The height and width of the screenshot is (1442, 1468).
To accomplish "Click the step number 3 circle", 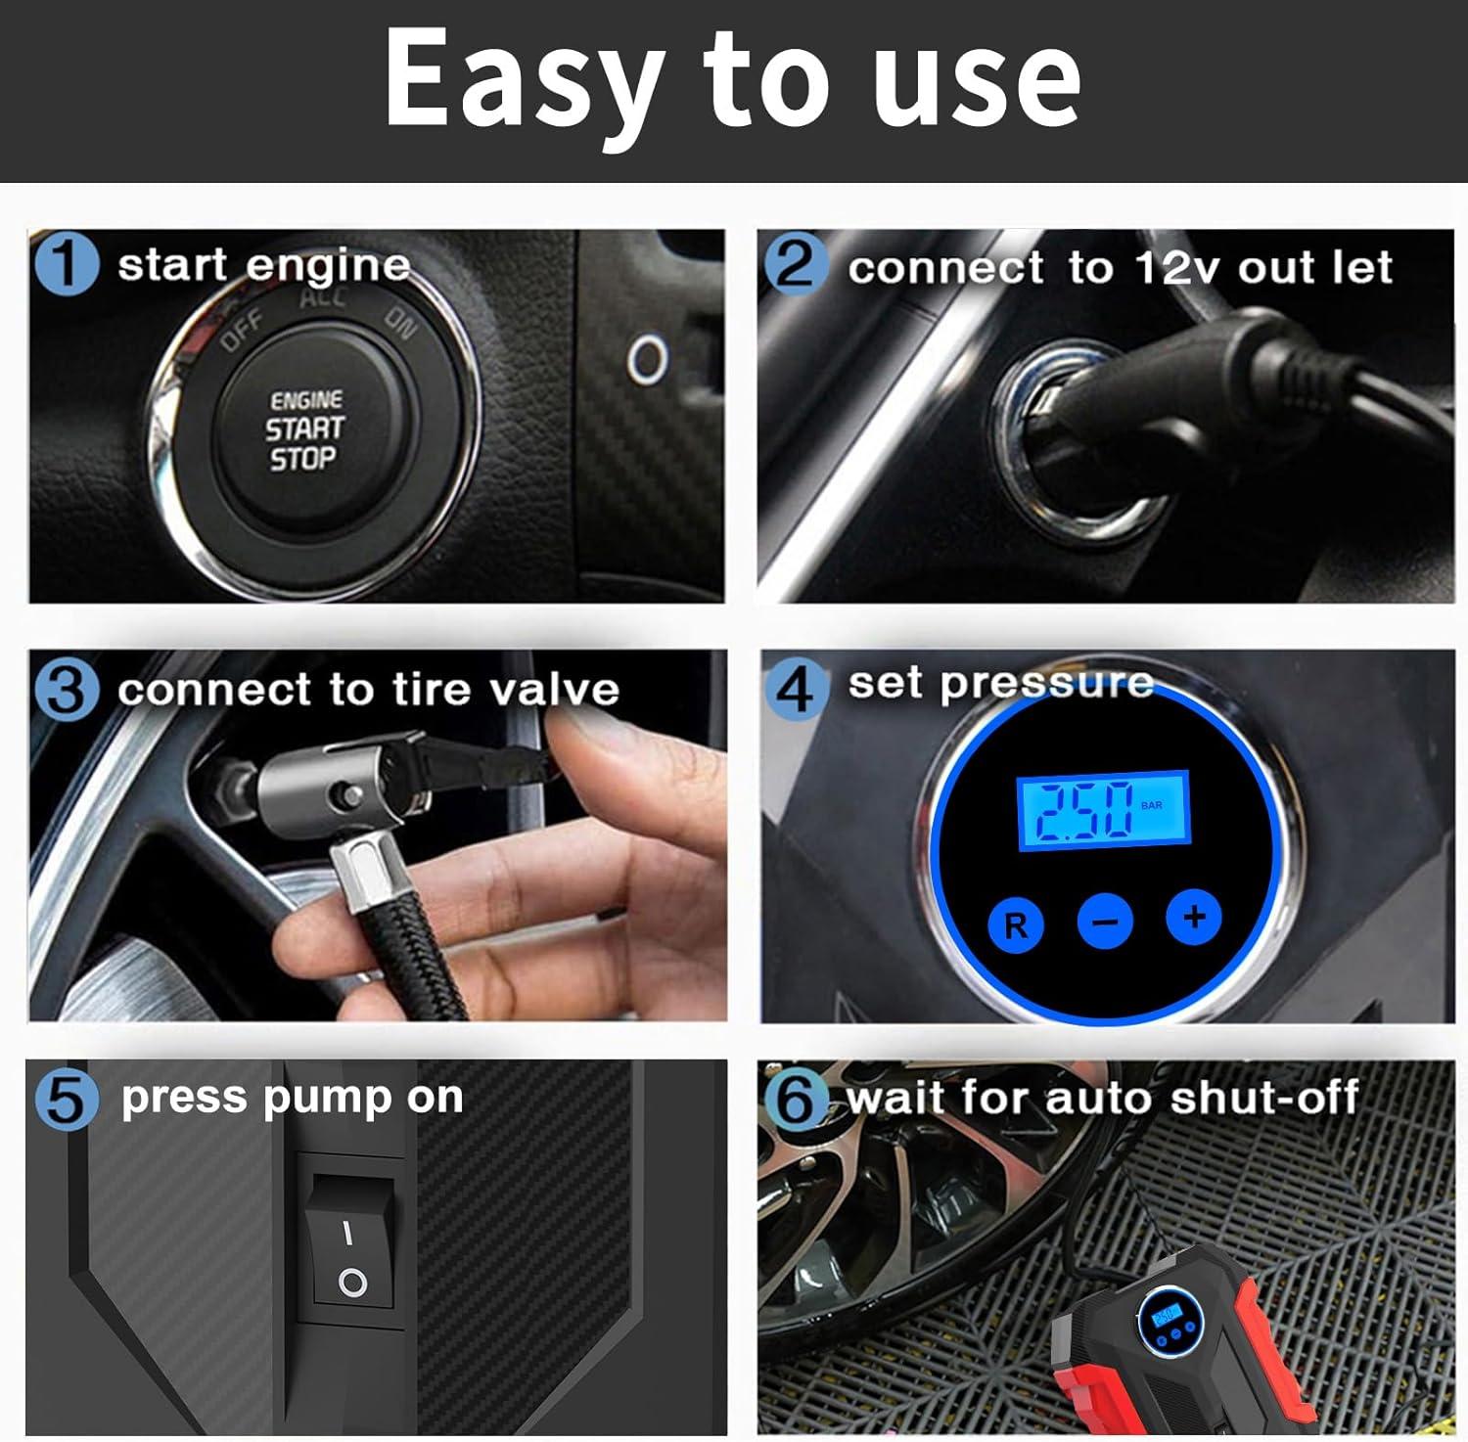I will tap(66, 689).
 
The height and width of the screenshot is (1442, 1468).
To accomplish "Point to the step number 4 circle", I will tap(795, 689).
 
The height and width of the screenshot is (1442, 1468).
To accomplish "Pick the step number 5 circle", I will tap(66, 1099).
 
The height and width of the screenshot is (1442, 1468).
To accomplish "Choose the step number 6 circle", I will tap(795, 1099).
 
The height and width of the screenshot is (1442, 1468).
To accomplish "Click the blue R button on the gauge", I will tap(1016, 924).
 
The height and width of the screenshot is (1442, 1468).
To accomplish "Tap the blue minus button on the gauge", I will tap(1105, 921).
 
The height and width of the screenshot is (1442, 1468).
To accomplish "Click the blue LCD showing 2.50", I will tap(1103, 809).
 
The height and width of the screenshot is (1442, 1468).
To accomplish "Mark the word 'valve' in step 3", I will tap(554, 690).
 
